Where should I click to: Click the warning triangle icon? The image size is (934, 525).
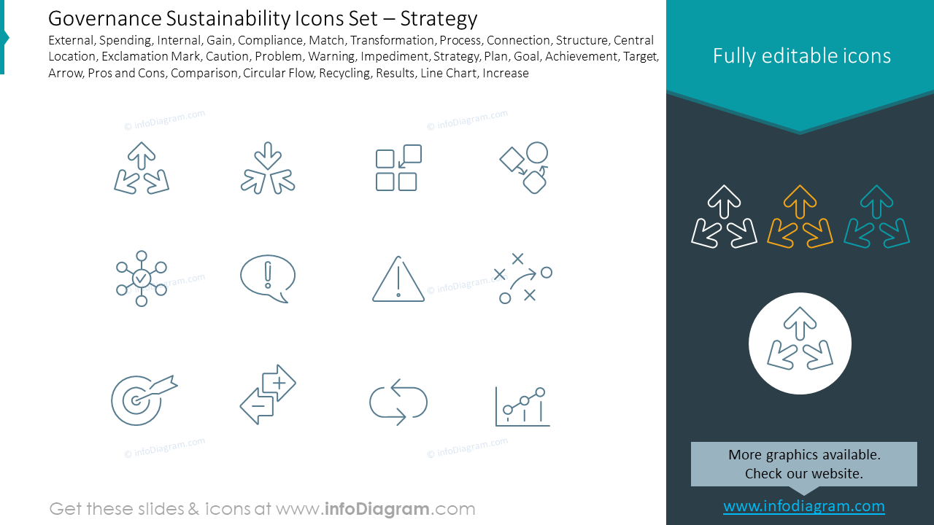click(x=398, y=279)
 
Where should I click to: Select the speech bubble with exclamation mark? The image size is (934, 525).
click(x=268, y=279)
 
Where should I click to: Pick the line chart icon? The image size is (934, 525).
click(x=522, y=406)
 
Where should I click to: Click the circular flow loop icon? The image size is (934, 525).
click(x=398, y=402)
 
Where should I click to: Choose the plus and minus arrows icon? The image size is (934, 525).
click(x=268, y=394)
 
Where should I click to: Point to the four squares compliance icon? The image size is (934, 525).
click(x=398, y=168)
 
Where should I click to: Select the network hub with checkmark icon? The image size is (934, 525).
click(x=142, y=279)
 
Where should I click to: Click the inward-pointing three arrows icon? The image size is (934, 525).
click(x=268, y=168)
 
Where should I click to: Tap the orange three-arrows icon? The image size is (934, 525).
click(x=800, y=217)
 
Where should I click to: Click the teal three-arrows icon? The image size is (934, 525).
click(x=876, y=217)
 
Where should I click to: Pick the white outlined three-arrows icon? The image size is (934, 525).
click(x=724, y=217)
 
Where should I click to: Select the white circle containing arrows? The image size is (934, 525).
click(x=800, y=343)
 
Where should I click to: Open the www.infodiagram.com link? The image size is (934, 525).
click(x=803, y=506)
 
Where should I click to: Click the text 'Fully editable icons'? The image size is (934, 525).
click(x=801, y=56)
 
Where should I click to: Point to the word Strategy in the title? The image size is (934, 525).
click(x=439, y=18)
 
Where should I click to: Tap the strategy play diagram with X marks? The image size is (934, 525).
click(x=522, y=278)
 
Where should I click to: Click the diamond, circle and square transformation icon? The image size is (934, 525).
click(x=525, y=168)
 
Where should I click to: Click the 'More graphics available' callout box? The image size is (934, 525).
click(x=803, y=464)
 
